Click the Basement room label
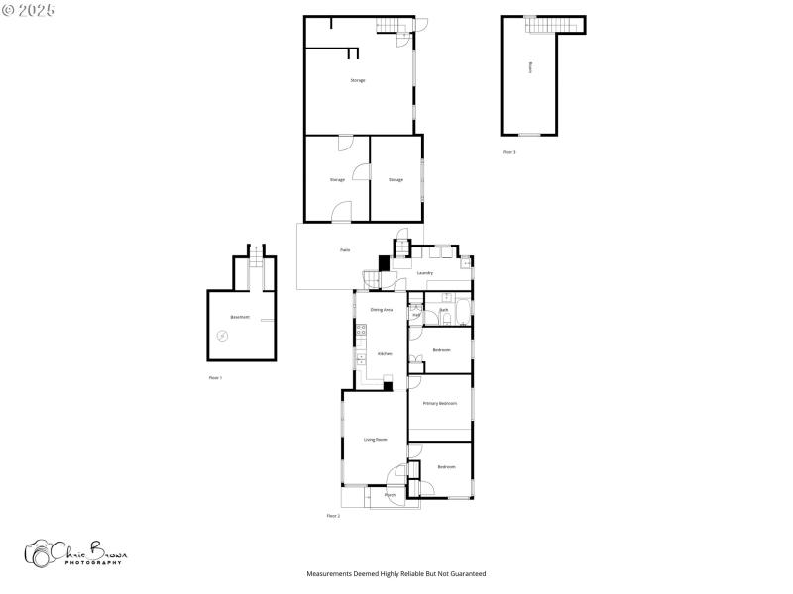coord(240,317)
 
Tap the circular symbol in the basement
coord(222,336)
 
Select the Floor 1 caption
coord(215,378)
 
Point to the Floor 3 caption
coord(509,152)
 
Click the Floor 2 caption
coord(333,516)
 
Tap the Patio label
coord(345,250)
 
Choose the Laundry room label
coord(424,272)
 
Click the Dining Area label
coord(382,310)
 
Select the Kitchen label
coord(384,353)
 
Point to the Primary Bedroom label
coord(440,403)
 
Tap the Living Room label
coord(375,439)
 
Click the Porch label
coord(390,494)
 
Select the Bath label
coord(444,310)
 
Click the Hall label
coord(416,316)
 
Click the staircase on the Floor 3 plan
coord(542,25)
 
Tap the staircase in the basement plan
coord(254,257)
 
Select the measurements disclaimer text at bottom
coord(396,573)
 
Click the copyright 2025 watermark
coord(29,9)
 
